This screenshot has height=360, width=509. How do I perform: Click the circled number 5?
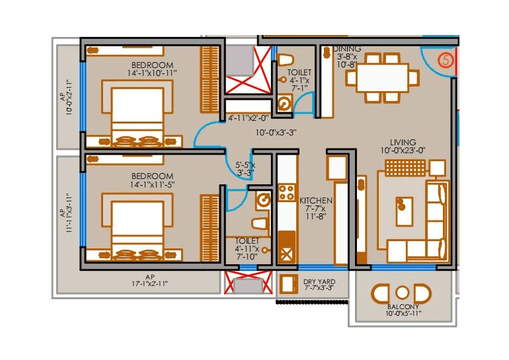[x=446, y=60]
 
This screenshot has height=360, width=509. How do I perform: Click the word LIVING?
[x=403, y=142]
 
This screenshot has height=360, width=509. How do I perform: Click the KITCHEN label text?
[x=316, y=200]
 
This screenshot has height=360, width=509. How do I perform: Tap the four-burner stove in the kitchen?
[x=287, y=193]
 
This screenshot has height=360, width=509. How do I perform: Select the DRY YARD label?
[x=315, y=282]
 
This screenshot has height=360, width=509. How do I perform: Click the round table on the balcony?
[x=402, y=292]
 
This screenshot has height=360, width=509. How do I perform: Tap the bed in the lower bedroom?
[x=138, y=228]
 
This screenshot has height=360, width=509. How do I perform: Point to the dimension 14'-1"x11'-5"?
[x=152, y=186]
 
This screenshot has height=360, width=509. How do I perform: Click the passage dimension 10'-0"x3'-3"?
[x=276, y=132]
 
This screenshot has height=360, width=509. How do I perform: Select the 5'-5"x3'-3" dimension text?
[x=246, y=168]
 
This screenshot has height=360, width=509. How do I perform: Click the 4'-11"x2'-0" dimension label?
[x=248, y=118]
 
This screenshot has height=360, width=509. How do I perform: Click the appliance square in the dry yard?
[x=288, y=285]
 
